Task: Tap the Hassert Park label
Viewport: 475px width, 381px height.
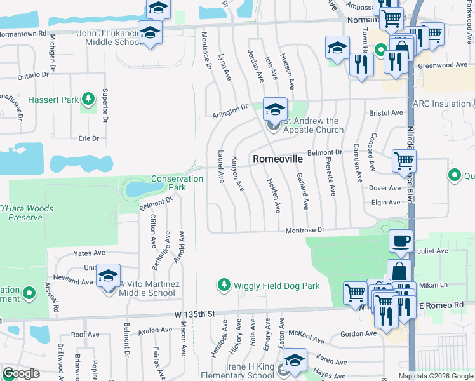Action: coord(53,100)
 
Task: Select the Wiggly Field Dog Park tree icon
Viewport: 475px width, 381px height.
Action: coord(223,286)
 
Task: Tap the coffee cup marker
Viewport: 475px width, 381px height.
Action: coord(401,241)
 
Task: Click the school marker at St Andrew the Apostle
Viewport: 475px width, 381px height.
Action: coord(275,109)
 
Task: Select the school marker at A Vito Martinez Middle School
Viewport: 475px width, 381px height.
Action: coord(109,276)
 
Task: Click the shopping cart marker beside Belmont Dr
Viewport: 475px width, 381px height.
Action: coord(404,161)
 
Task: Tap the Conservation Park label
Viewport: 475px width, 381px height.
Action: coord(177,183)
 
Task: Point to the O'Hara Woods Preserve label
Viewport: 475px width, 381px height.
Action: coord(26,213)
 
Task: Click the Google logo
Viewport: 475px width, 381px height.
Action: coord(21,374)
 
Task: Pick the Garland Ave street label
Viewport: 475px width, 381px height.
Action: coord(303,192)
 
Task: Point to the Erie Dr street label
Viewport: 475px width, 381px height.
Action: coord(89,138)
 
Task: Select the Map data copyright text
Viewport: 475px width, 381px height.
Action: coord(435,376)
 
